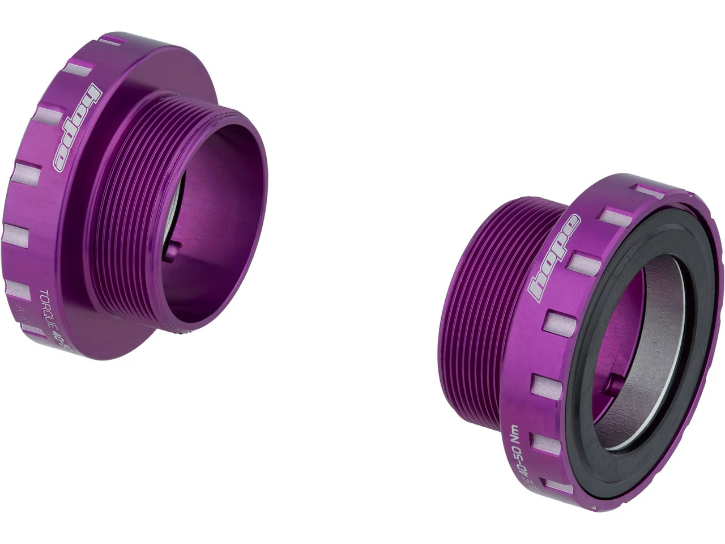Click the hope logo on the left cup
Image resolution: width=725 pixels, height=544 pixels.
77,127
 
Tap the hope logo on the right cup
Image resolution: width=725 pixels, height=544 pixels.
553,258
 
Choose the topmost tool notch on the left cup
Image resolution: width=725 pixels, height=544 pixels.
112,41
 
